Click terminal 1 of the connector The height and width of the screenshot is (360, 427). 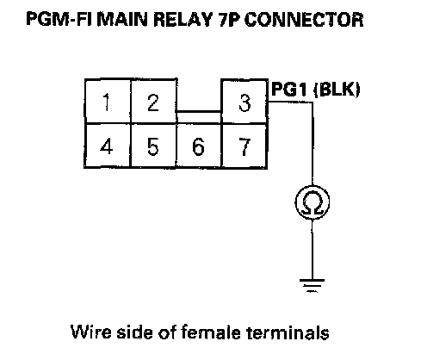click(108, 102)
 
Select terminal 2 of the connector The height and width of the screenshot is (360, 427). click(153, 102)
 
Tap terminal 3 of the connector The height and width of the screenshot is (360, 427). click(244, 102)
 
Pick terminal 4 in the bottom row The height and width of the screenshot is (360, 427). click(108, 146)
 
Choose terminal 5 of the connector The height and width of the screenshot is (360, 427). click(153, 146)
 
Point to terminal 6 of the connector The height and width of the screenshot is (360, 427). click(199, 146)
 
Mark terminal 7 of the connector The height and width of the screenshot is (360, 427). click(244, 146)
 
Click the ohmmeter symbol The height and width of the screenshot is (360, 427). click(313, 202)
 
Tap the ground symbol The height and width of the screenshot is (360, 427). click(313, 285)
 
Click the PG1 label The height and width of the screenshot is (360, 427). click(291, 89)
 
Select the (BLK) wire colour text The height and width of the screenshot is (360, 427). click(337, 90)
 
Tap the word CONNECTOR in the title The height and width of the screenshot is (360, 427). click(304, 19)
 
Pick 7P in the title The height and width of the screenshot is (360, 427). click(229, 19)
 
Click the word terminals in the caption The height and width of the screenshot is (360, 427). click(288, 332)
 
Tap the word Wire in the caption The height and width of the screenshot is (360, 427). click(91, 332)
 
